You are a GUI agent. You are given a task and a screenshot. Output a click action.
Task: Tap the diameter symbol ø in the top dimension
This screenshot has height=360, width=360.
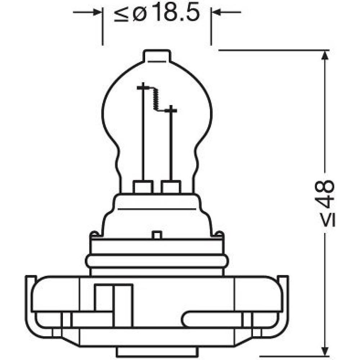pos(139,15)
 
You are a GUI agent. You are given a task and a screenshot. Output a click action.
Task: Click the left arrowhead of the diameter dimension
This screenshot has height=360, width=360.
pos(97,12)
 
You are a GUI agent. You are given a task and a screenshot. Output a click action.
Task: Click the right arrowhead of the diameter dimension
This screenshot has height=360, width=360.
pos(217,12)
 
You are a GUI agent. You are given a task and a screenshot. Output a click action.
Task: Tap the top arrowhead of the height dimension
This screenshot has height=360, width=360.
pos(324,55)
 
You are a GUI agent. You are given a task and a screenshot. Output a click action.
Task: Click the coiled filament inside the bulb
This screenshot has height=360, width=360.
pos(155,99)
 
